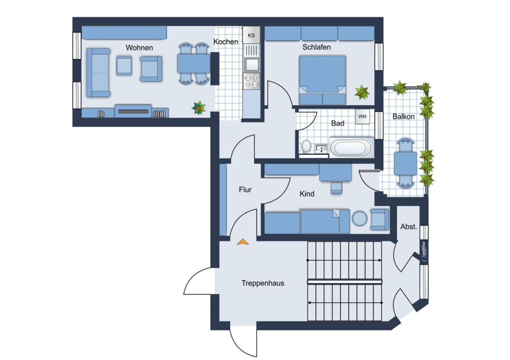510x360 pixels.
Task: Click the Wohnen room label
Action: [139, 48]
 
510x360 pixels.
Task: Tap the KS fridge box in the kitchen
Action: [251, 35]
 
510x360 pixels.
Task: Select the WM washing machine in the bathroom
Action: [362, 117]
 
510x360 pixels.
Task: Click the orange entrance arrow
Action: [243, 242]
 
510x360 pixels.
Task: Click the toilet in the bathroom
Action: [306, 146]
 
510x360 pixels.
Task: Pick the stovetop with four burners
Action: [251, 81]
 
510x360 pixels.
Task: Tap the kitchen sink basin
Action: [251, 65]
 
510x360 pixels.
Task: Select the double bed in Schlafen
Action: [322, 80]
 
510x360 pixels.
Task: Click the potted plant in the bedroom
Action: [362, 92]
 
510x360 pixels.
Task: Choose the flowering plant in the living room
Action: [199, 108]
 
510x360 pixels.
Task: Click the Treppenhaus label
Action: [263, 283]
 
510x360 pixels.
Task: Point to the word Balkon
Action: [403, 117]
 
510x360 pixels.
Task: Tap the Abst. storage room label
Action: [409, 227]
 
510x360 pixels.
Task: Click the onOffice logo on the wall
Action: [424, 252]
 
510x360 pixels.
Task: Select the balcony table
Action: [405, 163]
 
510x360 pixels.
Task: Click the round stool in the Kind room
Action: [360, 218]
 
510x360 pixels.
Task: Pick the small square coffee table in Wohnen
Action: [124, 66]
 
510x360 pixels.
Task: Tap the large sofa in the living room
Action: [98, 73]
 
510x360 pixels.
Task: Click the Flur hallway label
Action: [245, 190]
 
